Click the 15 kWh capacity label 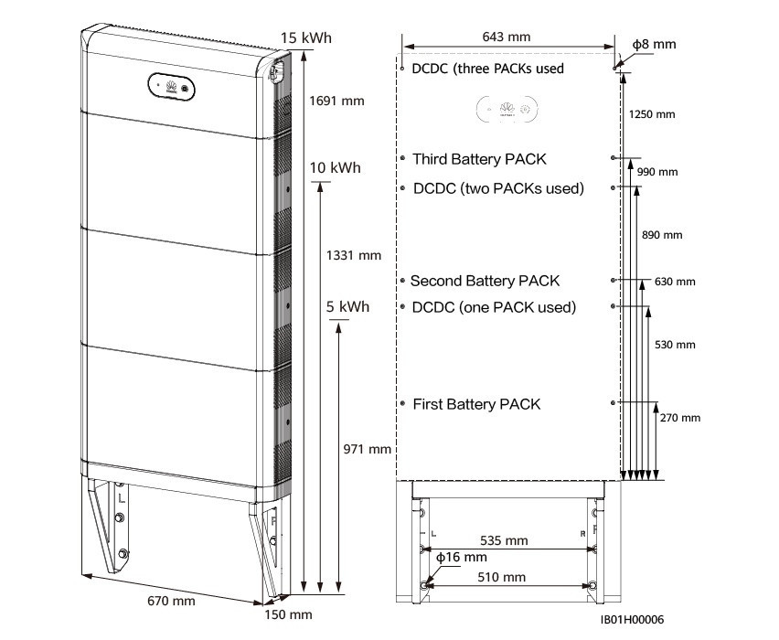tap(306, 38)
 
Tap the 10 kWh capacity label tap(335, 168)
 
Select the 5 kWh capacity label tap(347, 307)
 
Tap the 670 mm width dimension tap(171, 601)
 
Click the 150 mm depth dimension tap(288, 614)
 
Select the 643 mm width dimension tap(508, 37)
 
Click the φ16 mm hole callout tap(461, 557)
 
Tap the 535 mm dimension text tap(504, 539)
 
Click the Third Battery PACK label tap(479, 159)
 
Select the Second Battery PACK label tap(485, 281)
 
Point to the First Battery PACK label tap(476, 403)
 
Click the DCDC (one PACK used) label tap(494, 307)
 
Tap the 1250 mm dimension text tap(652, 114)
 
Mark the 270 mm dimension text tap(679, 418)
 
